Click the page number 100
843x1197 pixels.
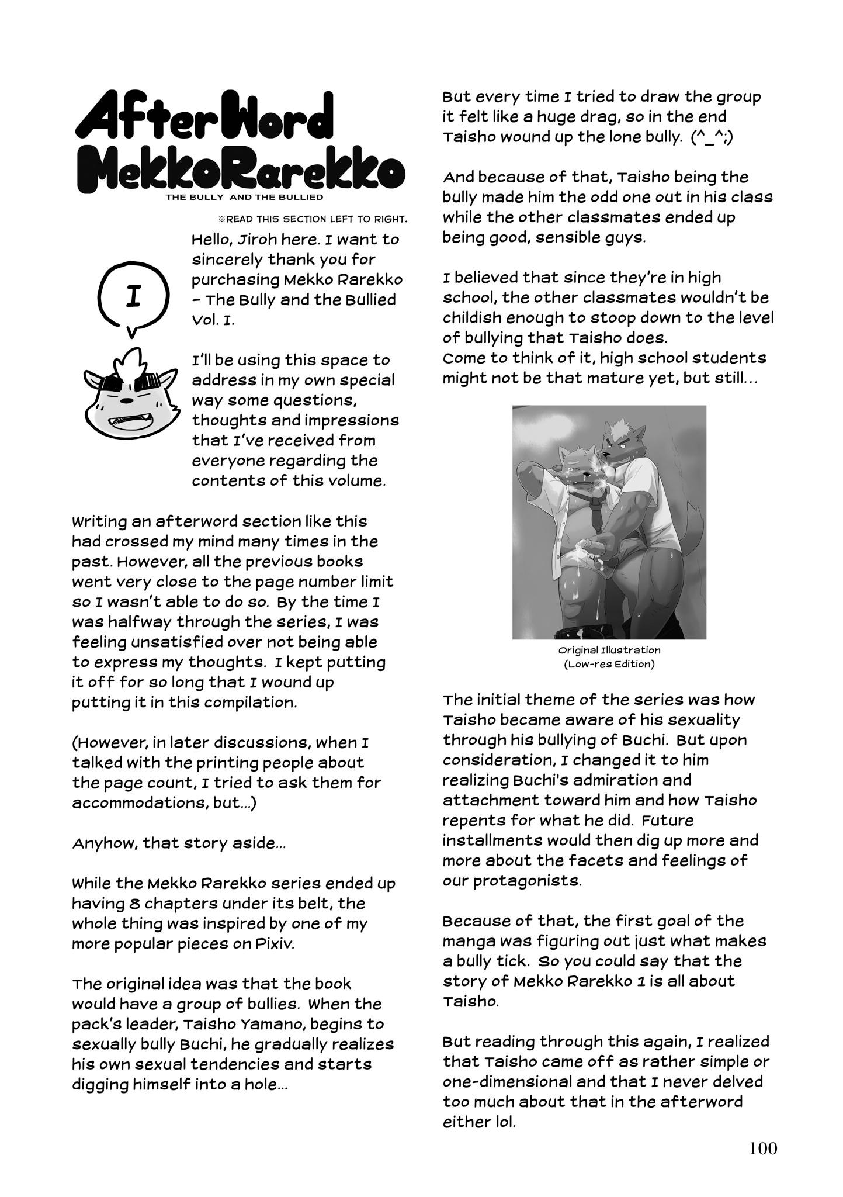(763, 1148)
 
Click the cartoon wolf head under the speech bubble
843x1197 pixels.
(124, 397)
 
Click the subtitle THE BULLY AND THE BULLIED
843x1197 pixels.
(244, 198)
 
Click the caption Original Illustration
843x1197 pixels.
(609, 650)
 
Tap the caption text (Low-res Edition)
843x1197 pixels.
(609, 664)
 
